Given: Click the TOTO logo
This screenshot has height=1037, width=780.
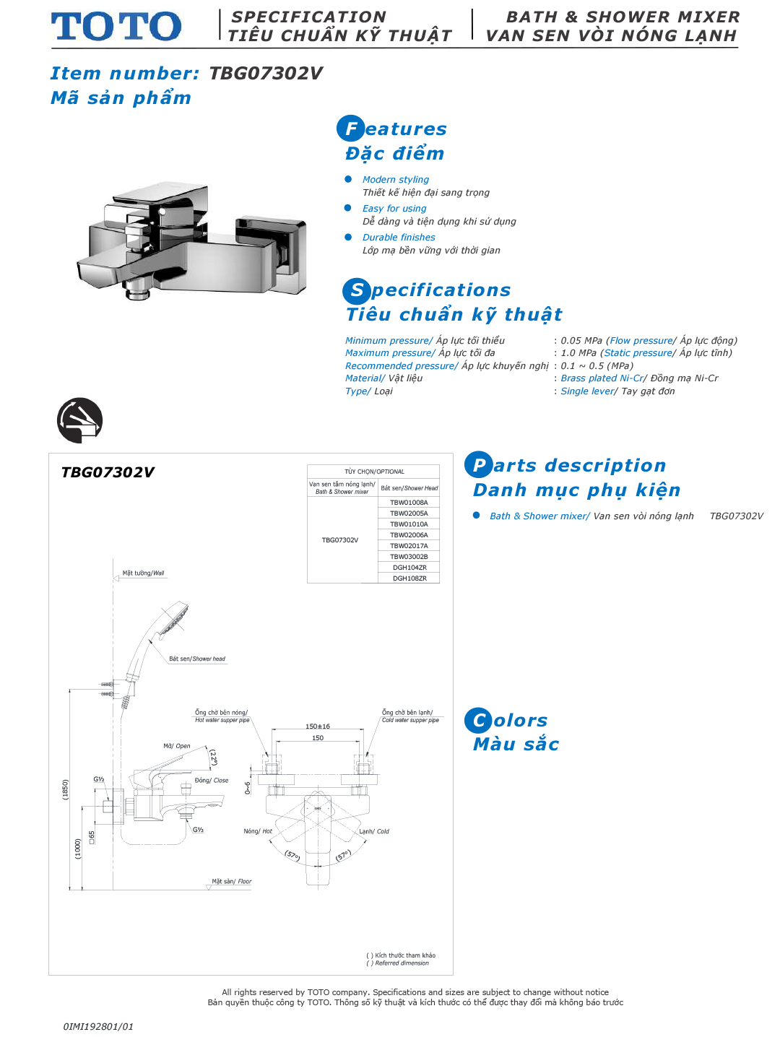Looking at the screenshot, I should [x=116, y=27].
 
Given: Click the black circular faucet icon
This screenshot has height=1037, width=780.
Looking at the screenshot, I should [x=79, y=420].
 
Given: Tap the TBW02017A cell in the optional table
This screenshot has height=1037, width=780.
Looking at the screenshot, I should [x=409, y=546].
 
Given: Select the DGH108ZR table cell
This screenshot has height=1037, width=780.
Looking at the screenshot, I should [x=409, y=578].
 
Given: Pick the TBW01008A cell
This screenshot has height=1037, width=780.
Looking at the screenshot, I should [x=409, y=503].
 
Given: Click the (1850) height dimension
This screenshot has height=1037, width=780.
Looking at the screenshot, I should [x=66, y=789].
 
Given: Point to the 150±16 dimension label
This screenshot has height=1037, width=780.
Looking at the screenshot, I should [x=317, y=726].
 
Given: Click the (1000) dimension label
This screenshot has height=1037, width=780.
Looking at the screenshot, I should [x=78, y=849].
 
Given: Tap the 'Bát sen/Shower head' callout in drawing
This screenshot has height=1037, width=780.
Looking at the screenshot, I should [x=197, y=659].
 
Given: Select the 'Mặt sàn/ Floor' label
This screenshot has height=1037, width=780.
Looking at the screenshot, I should [x=231, y=882].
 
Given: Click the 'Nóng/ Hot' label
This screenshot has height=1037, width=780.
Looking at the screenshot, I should [x=258, y=831].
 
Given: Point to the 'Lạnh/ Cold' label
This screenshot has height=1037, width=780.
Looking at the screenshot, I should [x=374, y=831].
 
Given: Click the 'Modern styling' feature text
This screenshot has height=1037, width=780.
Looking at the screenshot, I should [x=396, y=180].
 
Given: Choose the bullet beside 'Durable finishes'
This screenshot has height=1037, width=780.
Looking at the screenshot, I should [x=348, y=237].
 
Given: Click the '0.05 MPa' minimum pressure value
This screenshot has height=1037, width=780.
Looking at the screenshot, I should [x=581, y=341].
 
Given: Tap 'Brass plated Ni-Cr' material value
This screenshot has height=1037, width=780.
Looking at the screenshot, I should [x=602, y=378].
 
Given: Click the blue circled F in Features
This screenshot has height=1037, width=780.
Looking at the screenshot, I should [x=350, y=129].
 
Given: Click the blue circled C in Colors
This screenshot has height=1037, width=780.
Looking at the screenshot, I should [x=478, y=720].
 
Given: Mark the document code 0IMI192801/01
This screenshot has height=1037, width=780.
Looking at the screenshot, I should [x=98, y=1026].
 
